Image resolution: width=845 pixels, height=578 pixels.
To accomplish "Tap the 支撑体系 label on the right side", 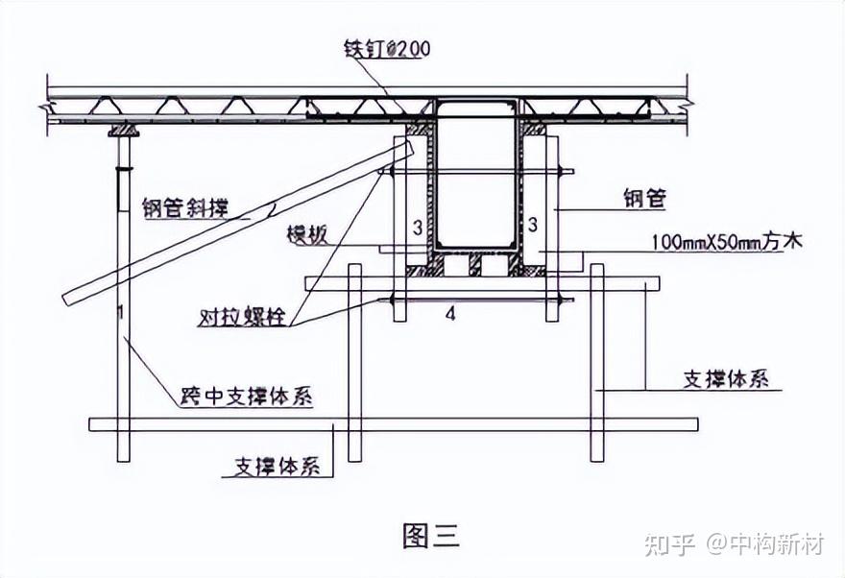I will point(726,378).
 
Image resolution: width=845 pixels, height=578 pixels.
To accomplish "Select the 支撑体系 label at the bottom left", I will point(278,468).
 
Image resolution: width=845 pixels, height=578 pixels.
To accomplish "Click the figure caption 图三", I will point(430,535).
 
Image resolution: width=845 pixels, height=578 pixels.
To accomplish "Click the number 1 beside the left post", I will point(119,313).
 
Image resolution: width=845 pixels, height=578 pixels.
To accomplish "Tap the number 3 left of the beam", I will point(417,228).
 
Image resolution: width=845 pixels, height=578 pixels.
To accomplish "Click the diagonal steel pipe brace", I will point(240,221).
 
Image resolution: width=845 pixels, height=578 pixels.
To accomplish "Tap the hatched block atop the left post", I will point(122,129).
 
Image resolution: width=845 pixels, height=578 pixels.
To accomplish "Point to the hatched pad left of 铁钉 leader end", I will point(420,127).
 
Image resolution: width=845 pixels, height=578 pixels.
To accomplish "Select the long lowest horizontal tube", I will point(394,423).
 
